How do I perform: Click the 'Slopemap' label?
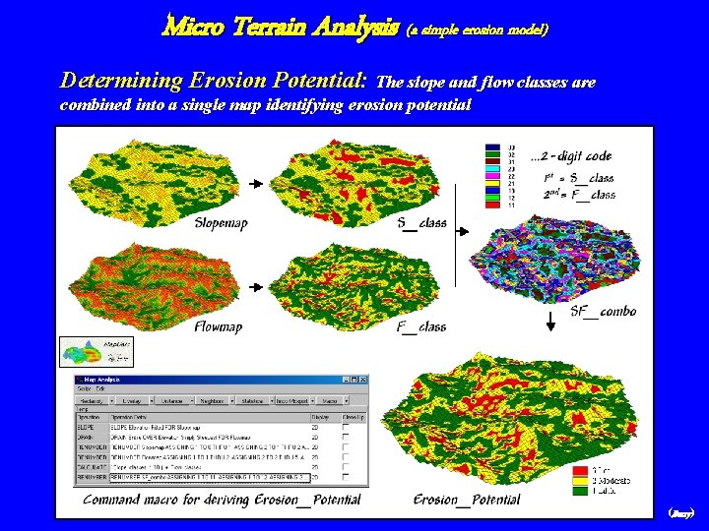pos(221,223)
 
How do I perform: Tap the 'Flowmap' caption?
pos(219,326)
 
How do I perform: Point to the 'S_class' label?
pos(421,223)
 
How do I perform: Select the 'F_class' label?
pos(420,326)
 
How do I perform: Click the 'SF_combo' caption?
pos(603,311)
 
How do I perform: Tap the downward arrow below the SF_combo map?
pos(548,320)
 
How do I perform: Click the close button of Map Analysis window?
pos(362,380)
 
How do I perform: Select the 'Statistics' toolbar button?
pos(252,401)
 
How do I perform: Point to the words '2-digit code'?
pos(573,155)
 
